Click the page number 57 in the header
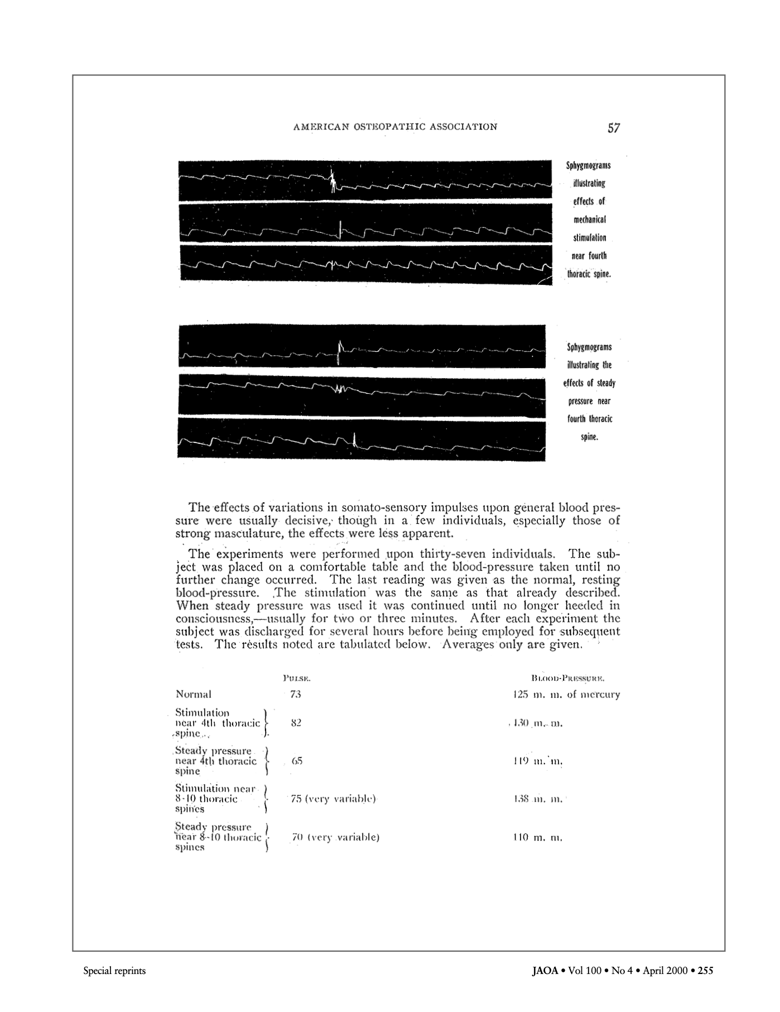pyautogui.click(x=613, y=128)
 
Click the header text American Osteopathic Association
pyautogui.click(x=395, y=127)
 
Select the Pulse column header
pyautogui.click(x=296, y=679)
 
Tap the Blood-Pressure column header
pyautogui.click(x=569, y=679)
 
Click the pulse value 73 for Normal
pyautogui.click(x=295, y=695)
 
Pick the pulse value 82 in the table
pyautogui.click(x=296, y=723)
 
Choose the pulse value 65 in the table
pyautogui.click(x=296, y=761)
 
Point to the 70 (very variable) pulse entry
pyautogui.click(x=335, y=837)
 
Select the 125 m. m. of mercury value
pyautogui.click(x=566, y=695)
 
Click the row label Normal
pyautogui.click(x=193, y=695)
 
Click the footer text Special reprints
pyautogui.click(x=114, y=971)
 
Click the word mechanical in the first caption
pyautogui.click(x=586, y=219)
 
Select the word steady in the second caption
pyautogui.click(x=606, y=383)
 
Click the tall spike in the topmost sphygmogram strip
pyautogui.click(x=333, y=179)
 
